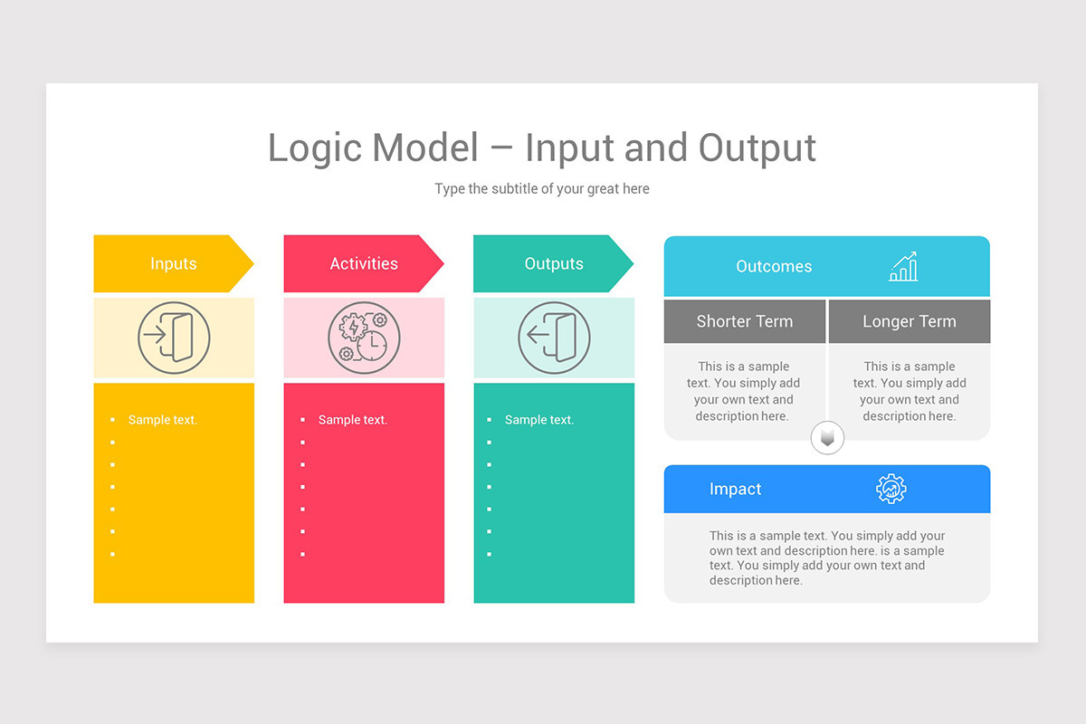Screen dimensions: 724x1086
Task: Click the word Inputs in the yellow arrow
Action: pos(173,264)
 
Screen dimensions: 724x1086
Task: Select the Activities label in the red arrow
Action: pos(363,264)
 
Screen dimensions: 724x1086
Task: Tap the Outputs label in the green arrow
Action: pos(553,264)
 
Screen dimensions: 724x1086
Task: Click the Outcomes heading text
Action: pos(774,267)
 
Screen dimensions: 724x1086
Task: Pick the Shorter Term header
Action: pos(744,321)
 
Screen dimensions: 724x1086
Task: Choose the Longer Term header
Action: pos(909,321)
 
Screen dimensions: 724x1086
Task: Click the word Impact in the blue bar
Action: pos(735,490)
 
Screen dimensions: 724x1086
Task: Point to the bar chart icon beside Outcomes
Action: pos(903,267)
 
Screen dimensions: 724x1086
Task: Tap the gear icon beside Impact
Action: pos(891,489)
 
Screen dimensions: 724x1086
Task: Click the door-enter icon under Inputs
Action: pos(174,338)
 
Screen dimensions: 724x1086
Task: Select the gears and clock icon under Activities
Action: pos(363,338)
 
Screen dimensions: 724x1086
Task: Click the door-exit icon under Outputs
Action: pos(554,338)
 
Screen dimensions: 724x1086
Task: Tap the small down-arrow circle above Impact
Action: pos(827,439)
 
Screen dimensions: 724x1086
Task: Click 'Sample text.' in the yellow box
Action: pos(162,420)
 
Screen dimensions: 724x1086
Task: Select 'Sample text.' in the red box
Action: pos(352,420)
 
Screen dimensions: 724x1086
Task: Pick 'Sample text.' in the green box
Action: pos(538,420)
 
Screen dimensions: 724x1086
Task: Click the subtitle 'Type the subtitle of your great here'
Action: pos(541,189)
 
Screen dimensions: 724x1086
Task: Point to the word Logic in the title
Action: pos(314,148)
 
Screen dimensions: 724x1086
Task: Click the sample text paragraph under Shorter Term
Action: pos(743,391)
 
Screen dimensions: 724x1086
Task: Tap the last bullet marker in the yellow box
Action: pos(112,554)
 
